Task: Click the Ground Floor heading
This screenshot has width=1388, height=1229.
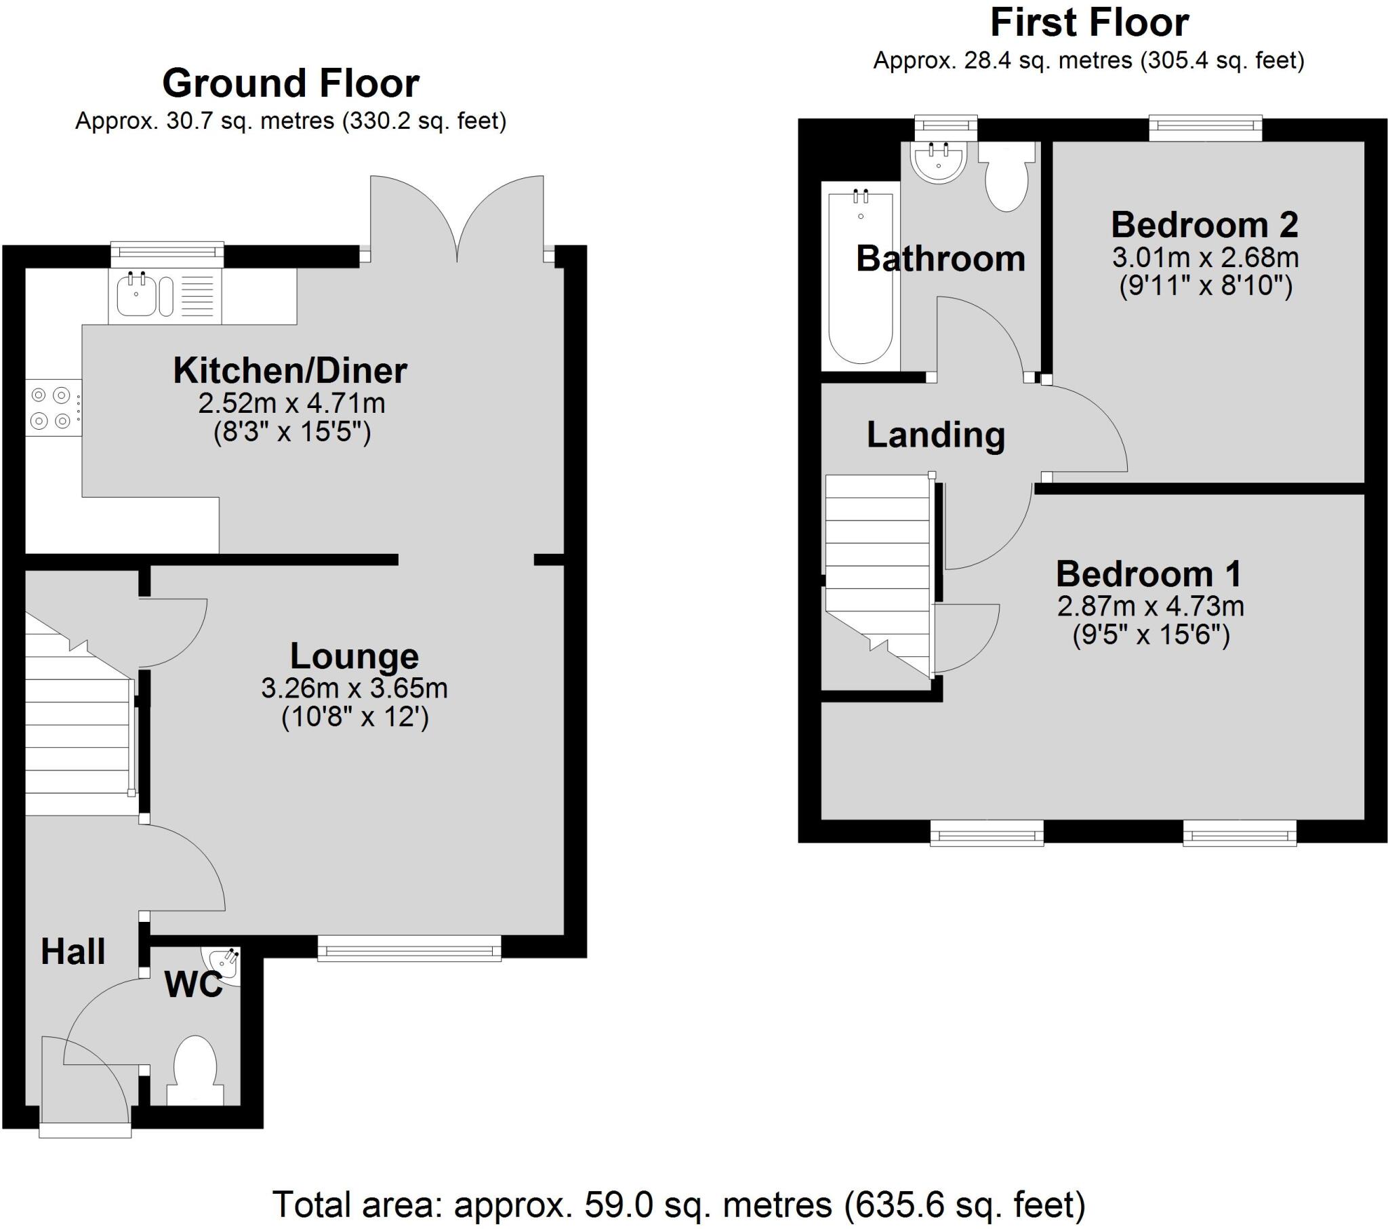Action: [291, 83]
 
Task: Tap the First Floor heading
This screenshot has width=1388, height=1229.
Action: [1088, 23]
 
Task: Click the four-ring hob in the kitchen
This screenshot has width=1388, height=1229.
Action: [52, 408]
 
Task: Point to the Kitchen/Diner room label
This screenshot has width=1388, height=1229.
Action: [290, 371]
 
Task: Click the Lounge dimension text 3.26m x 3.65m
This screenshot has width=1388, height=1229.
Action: [354, 689]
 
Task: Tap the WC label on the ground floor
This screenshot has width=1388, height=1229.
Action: [194, 984]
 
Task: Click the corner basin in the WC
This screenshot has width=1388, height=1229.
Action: [226, 962]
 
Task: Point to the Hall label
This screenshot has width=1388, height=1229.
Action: [73, 951]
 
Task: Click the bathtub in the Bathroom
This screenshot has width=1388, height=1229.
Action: [860, 277]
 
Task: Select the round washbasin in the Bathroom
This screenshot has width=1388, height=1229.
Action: [939, 163]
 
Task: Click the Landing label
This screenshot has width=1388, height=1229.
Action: [935, 435]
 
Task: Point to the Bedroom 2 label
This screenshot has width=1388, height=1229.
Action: [1204, 225]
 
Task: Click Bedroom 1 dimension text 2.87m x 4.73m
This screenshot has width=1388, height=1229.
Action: [1150, 606]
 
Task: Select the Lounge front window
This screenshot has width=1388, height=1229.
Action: [409, 948]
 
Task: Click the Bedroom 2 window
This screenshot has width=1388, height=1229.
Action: [1204, 127]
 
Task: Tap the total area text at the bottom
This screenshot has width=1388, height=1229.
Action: [679, 1205]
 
